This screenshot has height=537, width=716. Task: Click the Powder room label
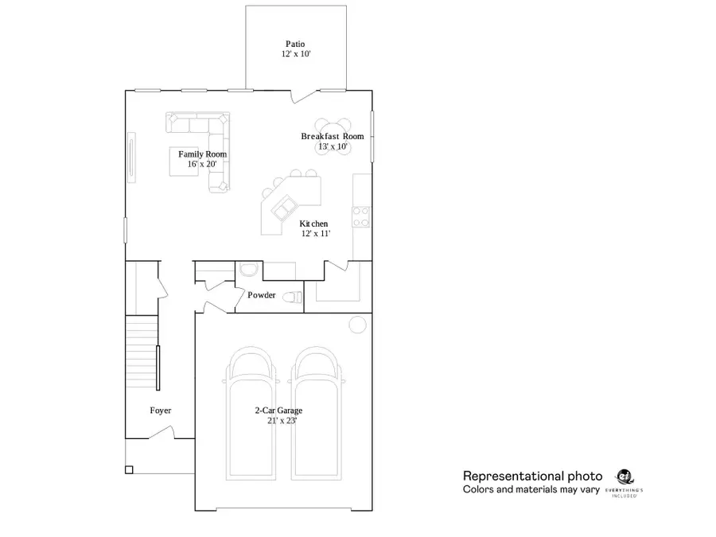tap(262, 295)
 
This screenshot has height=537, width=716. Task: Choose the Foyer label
tap(161, 411)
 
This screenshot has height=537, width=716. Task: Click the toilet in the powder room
tap(294, 298)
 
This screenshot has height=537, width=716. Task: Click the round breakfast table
tap(333, 137)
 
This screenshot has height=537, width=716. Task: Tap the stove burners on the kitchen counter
tap(361, 216)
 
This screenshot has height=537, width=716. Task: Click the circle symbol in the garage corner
tap(357, 325)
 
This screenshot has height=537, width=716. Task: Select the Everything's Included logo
tap(624, 478)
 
